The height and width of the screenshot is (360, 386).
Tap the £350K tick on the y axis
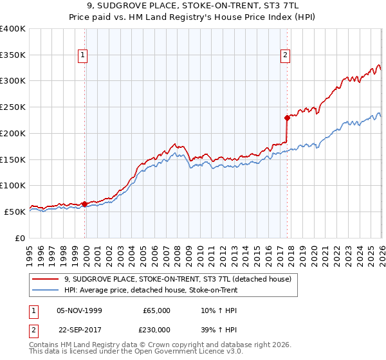point(13,55)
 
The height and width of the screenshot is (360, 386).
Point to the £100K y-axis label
point(13,185)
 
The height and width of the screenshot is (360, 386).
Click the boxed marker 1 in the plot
point(84,56)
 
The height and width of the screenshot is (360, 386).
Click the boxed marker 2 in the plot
point(284,56)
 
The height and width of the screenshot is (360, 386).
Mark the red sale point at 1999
point(85,204)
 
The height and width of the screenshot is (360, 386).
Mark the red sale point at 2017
point(287,118)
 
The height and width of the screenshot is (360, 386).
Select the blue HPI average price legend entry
point(151,290)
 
